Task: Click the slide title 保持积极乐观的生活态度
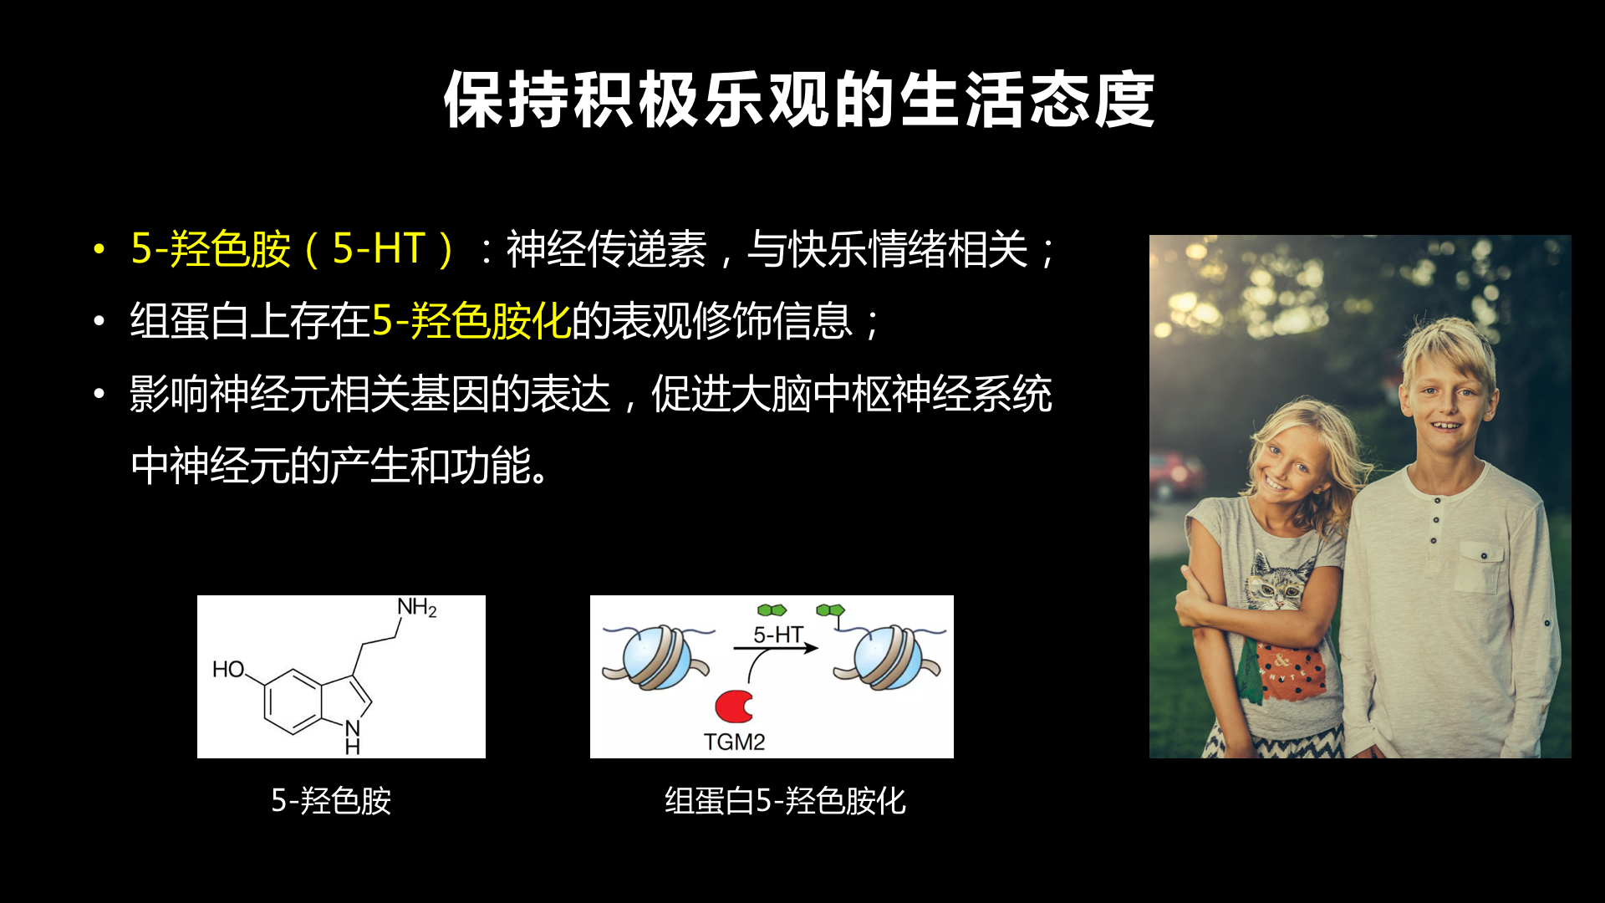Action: click(x=799, y=99)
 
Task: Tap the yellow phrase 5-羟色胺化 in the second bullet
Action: click(x=471, y=321)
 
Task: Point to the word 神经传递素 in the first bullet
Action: click(x=606, y=249)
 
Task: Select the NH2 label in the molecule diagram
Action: click(x=417, y=608)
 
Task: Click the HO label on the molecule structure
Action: click(x=228, y=670)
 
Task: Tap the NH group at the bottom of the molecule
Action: click(x=353, y=737)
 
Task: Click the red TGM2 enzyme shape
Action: click(x=734, y=707)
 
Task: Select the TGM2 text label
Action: click(x=734, y=742)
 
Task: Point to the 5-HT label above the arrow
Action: click(x=778, y=635)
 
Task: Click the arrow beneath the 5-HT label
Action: click(x=776, y=648)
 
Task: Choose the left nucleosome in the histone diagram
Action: click(x=657, y=657)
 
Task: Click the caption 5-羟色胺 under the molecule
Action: click(x=331, y=801)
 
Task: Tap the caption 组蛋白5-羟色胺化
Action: click(x=785, y=801)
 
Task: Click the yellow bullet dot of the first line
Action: click(x=99, y=249)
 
